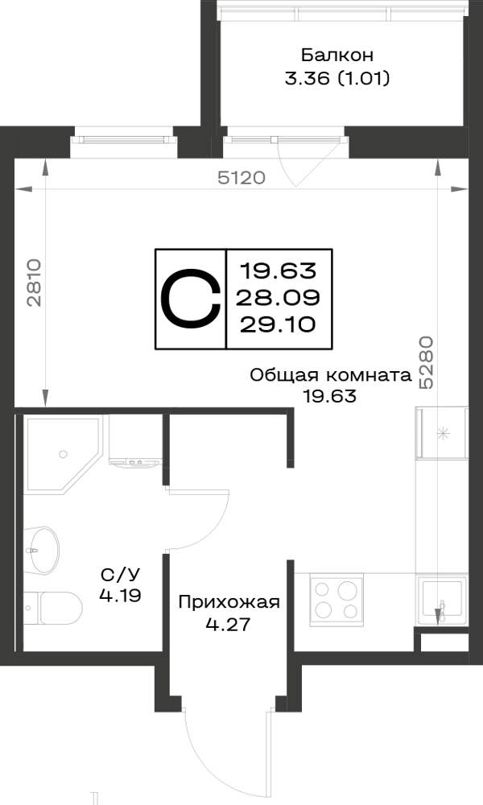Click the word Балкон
(x=337, y=55)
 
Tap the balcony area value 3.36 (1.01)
(x=337, y=79)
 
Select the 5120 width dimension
(x=242, y=178)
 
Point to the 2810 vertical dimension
(x=34, y=283)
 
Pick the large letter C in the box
(x=191, y=299)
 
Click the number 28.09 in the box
(x=279, y=297)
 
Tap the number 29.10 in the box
(x=279, y=324)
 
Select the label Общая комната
(x=331, y=375)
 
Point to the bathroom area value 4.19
(x=120, y=596)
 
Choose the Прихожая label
(x=229, y=602)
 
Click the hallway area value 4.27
(x=228, y=625)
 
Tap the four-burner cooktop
(x=336, y=599)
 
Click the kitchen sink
(x=441, y=600)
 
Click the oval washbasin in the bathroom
(x=42, y=550)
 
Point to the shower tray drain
(x=63, y=454)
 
